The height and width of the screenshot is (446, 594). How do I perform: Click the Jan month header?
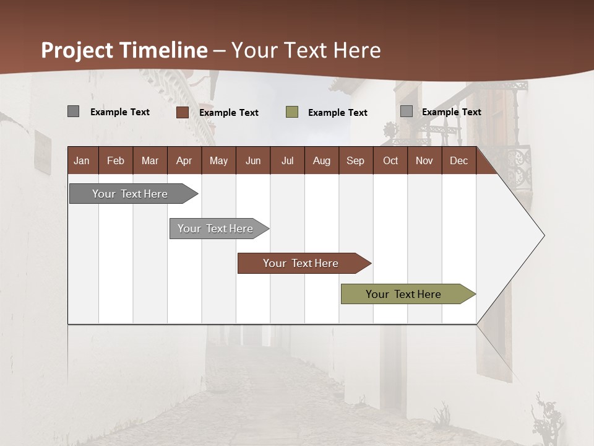click(x=82, y=160)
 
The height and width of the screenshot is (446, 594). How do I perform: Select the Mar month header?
click(x=150, y=160)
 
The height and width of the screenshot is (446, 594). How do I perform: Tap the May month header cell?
click(x=218, y=160)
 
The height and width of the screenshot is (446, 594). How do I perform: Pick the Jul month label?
click(x=287, y=160)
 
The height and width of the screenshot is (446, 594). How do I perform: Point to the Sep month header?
click(x=355, y=160)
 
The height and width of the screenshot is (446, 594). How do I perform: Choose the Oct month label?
click(x=390, y=160)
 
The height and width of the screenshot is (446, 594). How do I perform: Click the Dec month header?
click(x=458, y=160)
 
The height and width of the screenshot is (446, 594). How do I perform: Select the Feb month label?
click(x=116, y=160)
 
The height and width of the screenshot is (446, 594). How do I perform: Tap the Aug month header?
click(x=321, y=160)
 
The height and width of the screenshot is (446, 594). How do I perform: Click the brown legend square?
click(x=183, y=112)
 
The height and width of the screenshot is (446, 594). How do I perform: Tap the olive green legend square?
click(x=292, y=112)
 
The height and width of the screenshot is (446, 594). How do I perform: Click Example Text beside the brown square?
click(x=229, y=113)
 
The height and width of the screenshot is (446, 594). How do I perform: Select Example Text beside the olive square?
click(x=338, y=113)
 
